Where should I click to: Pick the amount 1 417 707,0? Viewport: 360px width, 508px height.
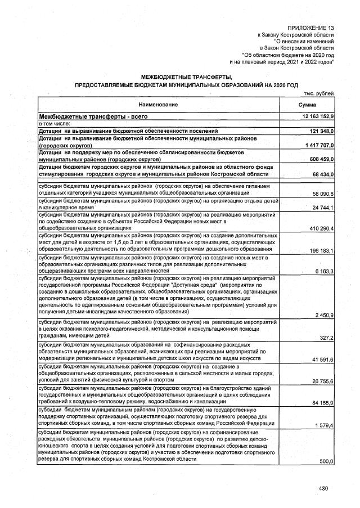[x=318, y=145]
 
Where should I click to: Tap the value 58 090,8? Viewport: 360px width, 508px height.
[x=323, y=194]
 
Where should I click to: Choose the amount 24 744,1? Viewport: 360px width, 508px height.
[x=323, y=208]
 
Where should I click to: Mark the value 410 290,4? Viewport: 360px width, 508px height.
[x=321, y=229]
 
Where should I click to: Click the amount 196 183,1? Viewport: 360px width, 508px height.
[x=321, y=251]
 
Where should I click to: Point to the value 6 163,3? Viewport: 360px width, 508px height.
[x=325, y=271]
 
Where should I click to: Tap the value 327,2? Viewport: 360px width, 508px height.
[x=327, y=338]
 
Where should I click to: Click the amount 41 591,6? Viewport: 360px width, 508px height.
[x=323, y=359]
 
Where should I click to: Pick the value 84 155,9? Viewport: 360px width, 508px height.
[x=323, y=403]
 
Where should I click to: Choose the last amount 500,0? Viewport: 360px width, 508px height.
[x=327, y=461]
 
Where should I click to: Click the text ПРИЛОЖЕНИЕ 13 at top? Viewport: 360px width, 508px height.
[x=310, y=28]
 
